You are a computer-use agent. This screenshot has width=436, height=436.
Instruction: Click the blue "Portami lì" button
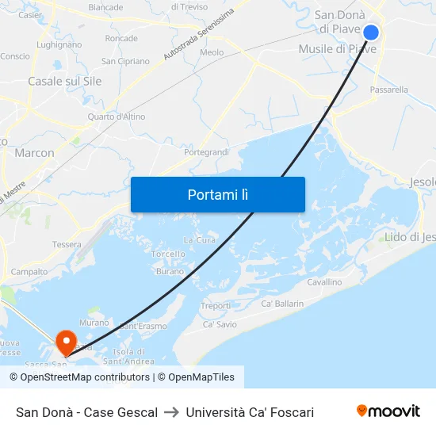[x=217, y=194]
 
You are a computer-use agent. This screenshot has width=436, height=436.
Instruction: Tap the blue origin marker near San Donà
[x=371, y=33]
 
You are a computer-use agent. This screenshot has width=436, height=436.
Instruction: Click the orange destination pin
[x=66, y=342]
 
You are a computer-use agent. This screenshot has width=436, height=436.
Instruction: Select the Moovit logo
[x=388, y=411]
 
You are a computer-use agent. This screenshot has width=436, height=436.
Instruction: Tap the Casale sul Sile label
[x=64, y=81]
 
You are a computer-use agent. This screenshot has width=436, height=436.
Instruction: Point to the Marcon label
[x=35, y=153]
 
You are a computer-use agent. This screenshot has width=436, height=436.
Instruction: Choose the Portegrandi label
[x=206, y=151]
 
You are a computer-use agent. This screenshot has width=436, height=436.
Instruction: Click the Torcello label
[x=168, y=254]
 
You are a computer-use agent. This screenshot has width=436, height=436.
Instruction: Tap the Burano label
[x=170, y=271]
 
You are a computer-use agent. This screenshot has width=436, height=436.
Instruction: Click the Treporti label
[x=216, y=305]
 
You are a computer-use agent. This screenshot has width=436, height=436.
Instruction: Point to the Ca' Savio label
[x=220, y=324]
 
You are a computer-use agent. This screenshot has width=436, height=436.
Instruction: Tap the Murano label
[x=94, y=323]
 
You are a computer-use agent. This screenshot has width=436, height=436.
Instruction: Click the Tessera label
[x=67, y=244]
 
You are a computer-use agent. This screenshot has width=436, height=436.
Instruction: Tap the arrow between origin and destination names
[x=171, y=412]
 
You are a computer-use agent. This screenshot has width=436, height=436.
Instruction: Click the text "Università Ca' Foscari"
[x=250, y=412]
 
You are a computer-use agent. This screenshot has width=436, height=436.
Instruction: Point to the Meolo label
[x=212, y=52]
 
